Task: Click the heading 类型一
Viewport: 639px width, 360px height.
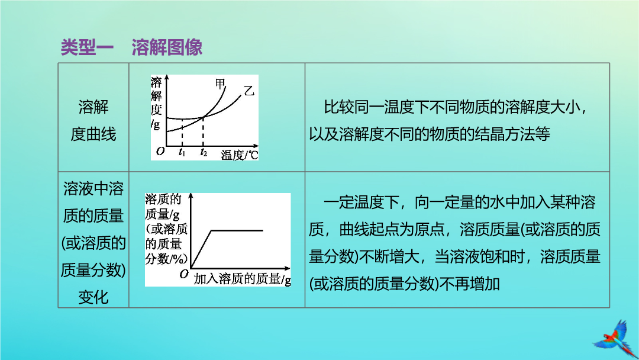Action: (87, 47)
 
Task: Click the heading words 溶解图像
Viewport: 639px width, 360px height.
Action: (167, 47)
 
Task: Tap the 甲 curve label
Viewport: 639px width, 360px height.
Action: (220, 84)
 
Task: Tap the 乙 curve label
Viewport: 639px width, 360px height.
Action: (249, 91)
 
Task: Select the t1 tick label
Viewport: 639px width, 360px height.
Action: (182, 153)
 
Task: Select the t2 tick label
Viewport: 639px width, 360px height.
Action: (204, 153)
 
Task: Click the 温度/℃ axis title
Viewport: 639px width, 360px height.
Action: (240, 155)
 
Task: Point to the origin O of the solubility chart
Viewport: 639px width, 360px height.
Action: (160, 151)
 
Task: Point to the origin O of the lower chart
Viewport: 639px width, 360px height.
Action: (184, 274)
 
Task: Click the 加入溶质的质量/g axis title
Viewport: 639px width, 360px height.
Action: (242, 279)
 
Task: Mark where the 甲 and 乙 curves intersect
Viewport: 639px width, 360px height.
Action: (203, 117)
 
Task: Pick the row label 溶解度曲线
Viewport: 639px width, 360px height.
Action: (93, 121)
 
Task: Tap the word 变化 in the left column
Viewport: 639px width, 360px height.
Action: (93, 297)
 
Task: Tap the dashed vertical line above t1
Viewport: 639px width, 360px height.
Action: (182, 132)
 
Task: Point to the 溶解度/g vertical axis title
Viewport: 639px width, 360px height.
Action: (156, 103)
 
